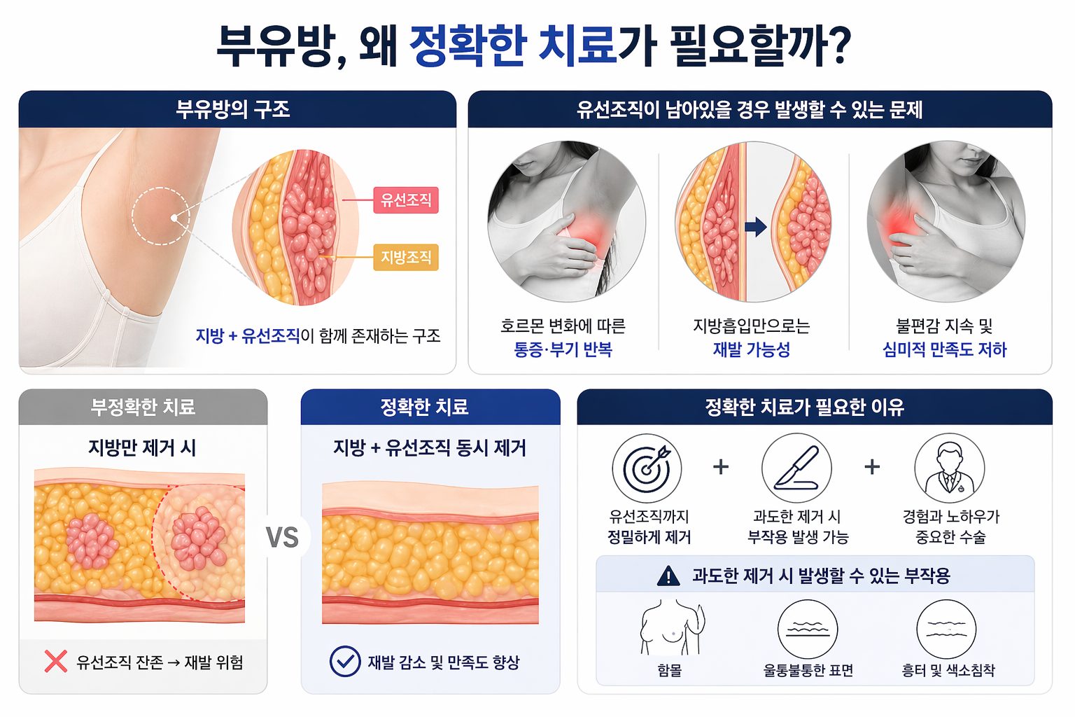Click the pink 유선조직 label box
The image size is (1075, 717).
[405, 200]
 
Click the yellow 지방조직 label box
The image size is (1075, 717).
[405, 258]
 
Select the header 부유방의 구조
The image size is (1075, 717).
[233, 109]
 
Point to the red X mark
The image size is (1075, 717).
[56, 661]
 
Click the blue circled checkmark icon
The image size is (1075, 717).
[345, 661]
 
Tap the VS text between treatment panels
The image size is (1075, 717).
[282, 537]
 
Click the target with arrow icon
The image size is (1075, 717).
[647, 468]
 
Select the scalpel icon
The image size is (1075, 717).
[796, 468]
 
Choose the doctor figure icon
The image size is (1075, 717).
[949, 468]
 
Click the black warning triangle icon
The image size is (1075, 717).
[668, 576]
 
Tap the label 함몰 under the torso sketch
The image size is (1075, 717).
[670, 670]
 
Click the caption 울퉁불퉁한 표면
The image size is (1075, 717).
[808, 670]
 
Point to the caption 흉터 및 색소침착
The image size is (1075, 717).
[948, 670]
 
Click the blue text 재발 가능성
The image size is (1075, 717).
[752, 349]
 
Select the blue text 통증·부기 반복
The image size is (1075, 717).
[563, 349]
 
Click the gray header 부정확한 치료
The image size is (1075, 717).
[143, 407]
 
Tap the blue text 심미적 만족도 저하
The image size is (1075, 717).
[944, 349]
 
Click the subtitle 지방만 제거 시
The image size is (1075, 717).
[143, 447]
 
